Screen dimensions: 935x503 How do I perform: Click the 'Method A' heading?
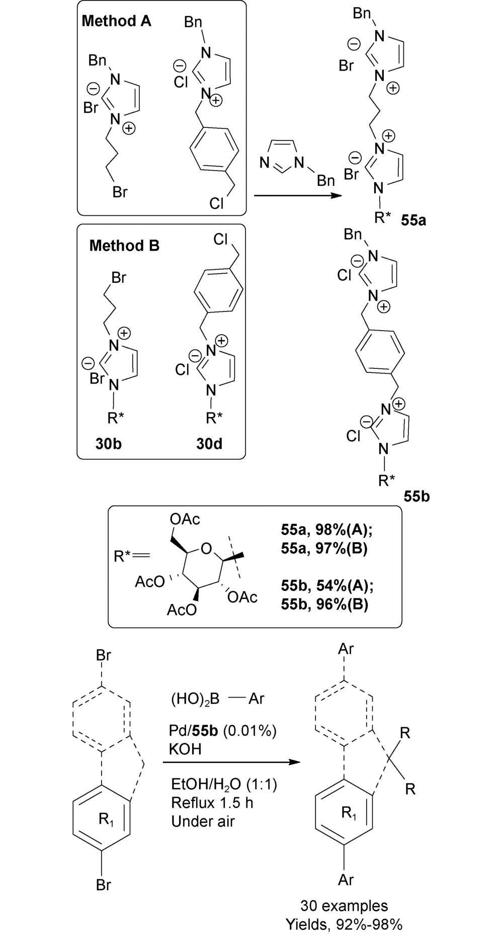116,21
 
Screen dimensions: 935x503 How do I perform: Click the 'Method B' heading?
124,246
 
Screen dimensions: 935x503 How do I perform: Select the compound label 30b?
109,443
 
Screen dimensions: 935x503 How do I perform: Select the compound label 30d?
209,443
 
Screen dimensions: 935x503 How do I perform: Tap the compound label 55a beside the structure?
413,220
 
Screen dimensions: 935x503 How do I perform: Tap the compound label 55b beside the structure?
416,497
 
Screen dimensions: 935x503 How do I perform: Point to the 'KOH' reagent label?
186,749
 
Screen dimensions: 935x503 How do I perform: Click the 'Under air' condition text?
203,821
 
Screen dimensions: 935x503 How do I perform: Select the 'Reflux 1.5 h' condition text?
212,803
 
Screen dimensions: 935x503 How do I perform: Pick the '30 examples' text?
344,906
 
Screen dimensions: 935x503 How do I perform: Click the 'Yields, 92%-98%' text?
344,924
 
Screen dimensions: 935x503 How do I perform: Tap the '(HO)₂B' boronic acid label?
195,699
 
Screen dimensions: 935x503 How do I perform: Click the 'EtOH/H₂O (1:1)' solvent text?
224,785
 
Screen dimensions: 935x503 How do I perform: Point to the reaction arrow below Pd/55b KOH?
231,763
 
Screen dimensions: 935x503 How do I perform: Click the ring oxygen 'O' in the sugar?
206,549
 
